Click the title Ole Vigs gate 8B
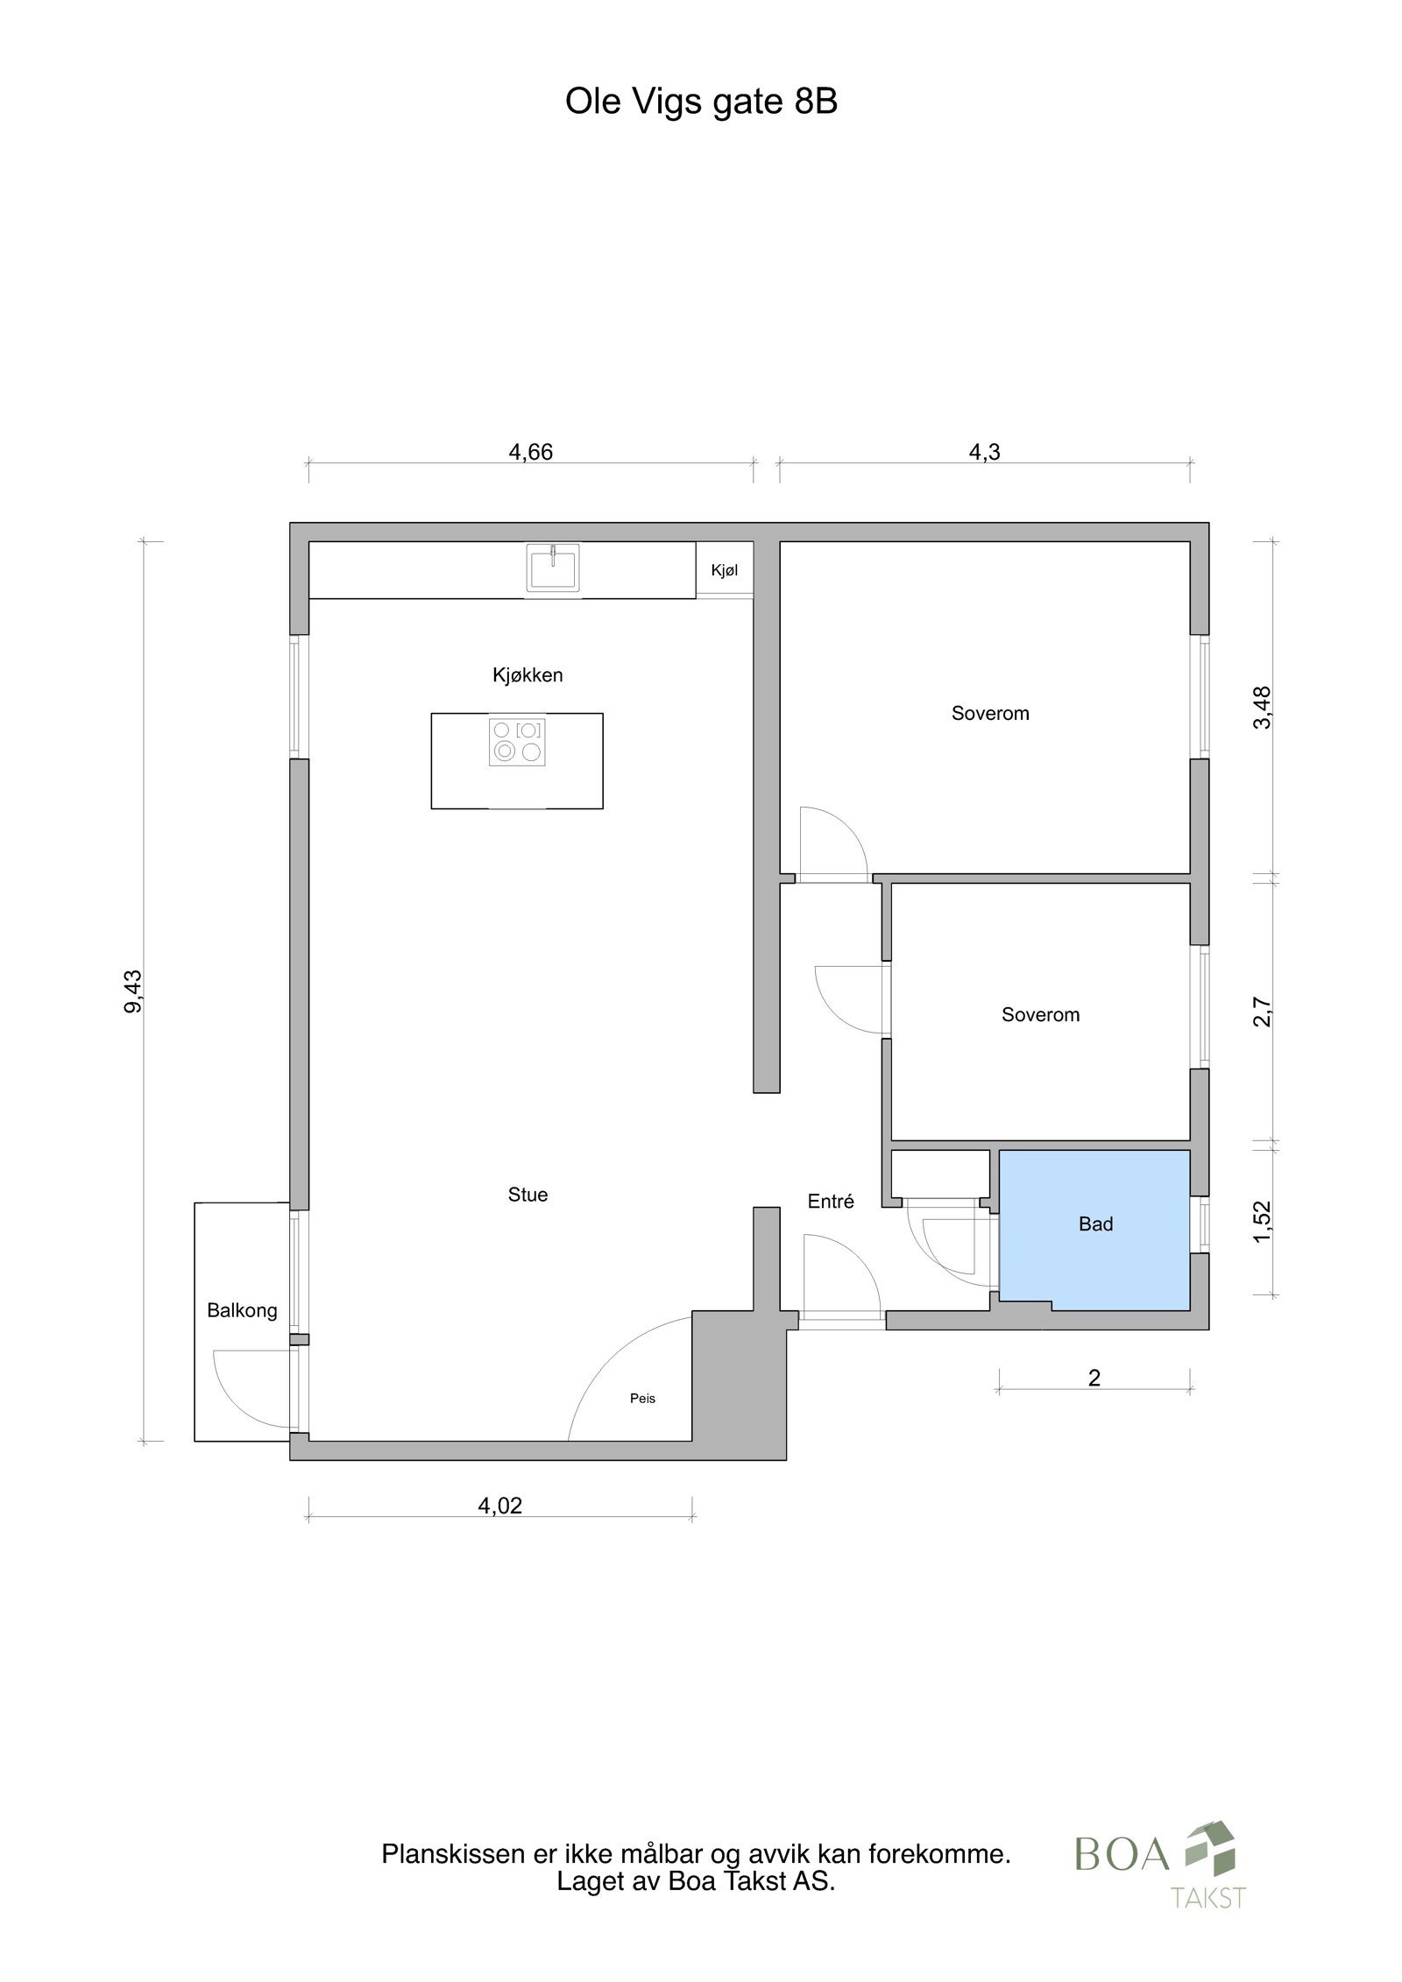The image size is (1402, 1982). tap(700, 102)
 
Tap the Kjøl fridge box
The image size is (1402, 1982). tap(724, 570)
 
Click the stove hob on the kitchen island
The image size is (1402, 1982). tap(517, 741)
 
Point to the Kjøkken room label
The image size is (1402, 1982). tap(528, 675)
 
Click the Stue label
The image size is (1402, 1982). tap(528, 1195)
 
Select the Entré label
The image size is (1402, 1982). tap(830, 1202)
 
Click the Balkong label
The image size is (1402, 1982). tap(242, 1310)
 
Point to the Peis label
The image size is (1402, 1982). tap(642, 1398)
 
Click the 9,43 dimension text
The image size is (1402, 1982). tap(133, 991)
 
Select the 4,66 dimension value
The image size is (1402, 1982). tap(530, 452)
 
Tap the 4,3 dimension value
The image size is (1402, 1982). tap(984, 452)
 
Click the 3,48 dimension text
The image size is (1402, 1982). tap(1262, 707)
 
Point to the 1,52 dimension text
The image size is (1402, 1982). tap(1262, 1220)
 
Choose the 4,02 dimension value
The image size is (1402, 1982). tap(499, 1505)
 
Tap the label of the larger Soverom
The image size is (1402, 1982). tap(990, 713)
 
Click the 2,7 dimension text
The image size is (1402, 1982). tap(1262, 1012)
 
